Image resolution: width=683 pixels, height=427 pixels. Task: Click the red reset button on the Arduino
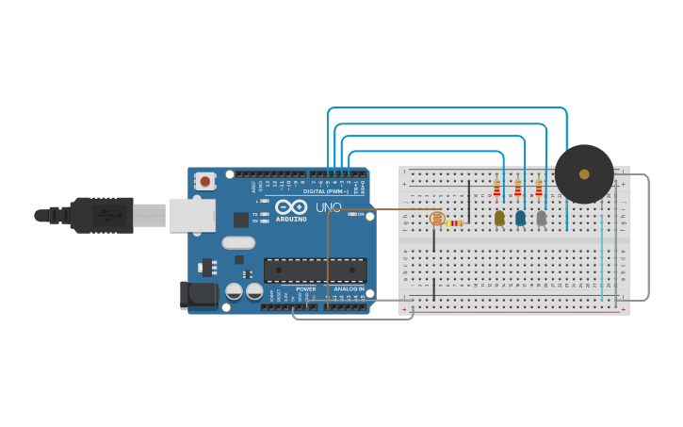(x=205, y=180)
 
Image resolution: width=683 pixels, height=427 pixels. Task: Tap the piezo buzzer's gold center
(x=584, y=174)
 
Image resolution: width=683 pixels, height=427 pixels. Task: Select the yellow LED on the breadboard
(x=499, y=218)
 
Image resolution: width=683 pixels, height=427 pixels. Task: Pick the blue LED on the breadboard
(x=520, y=218)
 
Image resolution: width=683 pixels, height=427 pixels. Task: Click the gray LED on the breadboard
(x=541, y=218)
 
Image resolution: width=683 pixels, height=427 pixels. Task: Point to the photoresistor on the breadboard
(x=436, y=219)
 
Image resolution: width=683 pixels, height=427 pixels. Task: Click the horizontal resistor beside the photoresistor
(x=456, y=222)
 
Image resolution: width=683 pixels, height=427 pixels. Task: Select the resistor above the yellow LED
(x=496, y=189)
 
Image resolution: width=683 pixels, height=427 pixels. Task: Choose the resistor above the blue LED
(x=517, y=189)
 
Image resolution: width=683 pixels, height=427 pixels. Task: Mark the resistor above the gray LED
(x=539, y=189)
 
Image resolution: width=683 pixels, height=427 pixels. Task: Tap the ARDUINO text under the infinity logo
(x=291, y=220)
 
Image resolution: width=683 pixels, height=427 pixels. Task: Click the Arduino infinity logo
(x=291, y=206)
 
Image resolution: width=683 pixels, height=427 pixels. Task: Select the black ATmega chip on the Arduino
(x=315, y=271)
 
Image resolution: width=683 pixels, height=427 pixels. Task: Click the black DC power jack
(x=199, y=295)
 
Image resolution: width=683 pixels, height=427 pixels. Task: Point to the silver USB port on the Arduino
(x=192, y=215)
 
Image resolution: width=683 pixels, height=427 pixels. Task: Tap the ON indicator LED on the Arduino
(x=351, y=214)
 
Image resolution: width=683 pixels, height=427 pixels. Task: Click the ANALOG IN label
(x=349, y=289)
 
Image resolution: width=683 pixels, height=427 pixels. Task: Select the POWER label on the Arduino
(x=306, y=289)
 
